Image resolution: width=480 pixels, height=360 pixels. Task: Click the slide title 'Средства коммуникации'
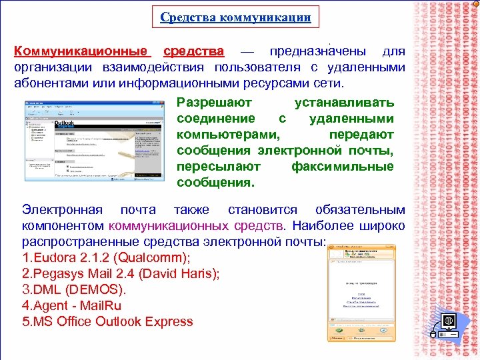click(235, 18)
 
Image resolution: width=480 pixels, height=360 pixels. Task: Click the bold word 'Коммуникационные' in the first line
click(81, 51)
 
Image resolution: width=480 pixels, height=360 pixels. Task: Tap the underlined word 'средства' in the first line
click(194, 51)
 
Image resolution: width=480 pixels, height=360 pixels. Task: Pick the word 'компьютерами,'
click(224, 135)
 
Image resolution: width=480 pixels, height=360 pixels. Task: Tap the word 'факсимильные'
click(342, 167)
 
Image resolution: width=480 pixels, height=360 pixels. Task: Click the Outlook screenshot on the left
click(94, 141)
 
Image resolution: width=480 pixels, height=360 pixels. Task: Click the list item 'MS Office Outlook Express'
click(107, 321)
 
